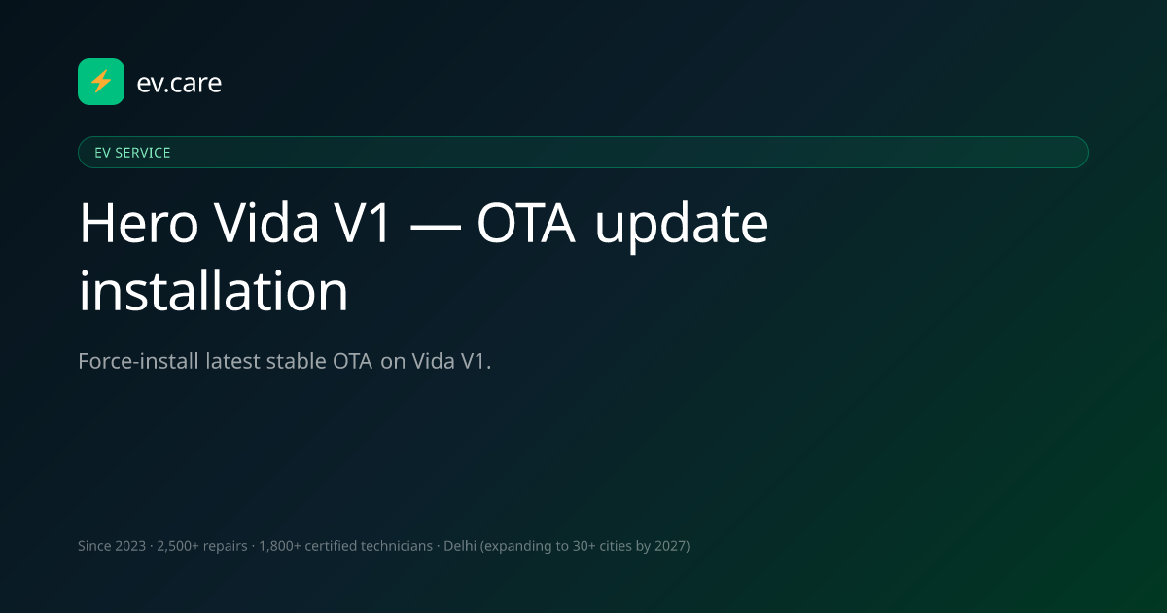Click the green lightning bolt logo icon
101,82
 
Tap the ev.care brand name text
179,83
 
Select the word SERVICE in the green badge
142,153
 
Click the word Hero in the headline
138,223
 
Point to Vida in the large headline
266,223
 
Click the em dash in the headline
435,226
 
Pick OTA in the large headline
526,223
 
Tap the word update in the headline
682,225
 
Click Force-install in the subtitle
138,361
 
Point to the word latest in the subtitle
232,361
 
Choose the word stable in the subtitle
296,361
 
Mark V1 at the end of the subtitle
473,361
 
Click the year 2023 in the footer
130,546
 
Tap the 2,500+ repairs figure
202,546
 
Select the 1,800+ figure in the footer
280,546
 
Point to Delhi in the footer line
459,546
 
